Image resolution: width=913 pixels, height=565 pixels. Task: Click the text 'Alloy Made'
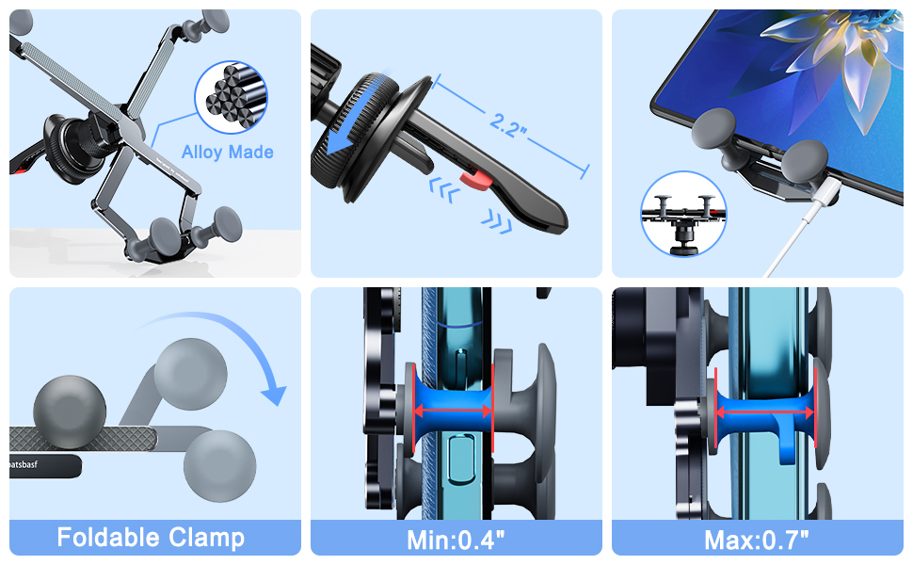pos(228,153)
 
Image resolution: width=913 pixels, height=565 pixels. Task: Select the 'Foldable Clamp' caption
pos(151,538)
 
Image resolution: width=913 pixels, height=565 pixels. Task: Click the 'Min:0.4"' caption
pos(456,540)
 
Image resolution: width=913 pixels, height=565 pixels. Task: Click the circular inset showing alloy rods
pos(231,96)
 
